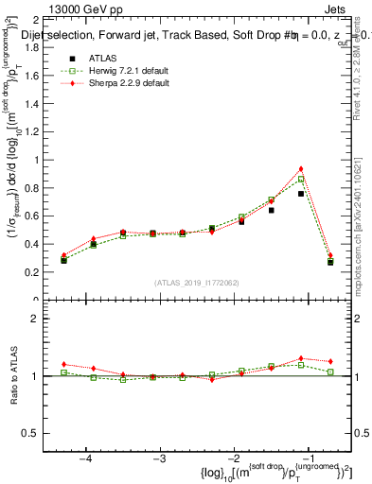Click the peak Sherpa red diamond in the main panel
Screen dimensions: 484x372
tap(301, 169)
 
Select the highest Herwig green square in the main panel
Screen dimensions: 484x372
tap(301, 179)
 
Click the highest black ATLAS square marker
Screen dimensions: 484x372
tap(301, 194)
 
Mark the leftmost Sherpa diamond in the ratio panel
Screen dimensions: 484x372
tap(64, 364)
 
